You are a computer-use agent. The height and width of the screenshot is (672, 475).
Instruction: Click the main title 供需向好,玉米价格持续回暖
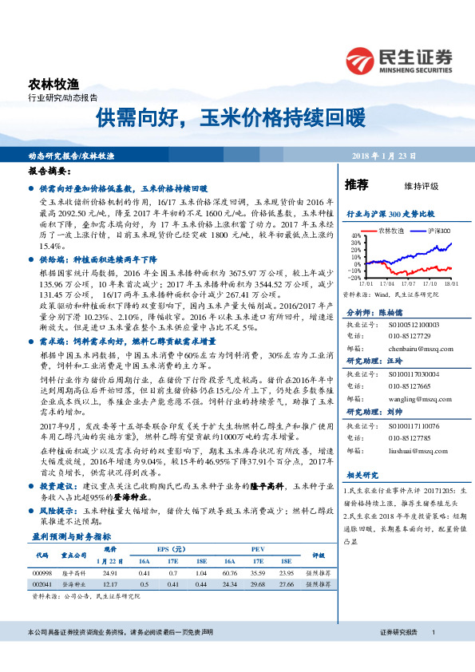point(230,119)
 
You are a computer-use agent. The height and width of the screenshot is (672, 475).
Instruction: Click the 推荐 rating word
point(356,185)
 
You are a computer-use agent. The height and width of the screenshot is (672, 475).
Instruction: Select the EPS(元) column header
point(172,549)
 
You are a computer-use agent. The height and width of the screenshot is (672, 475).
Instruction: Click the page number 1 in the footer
point(432,632)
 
